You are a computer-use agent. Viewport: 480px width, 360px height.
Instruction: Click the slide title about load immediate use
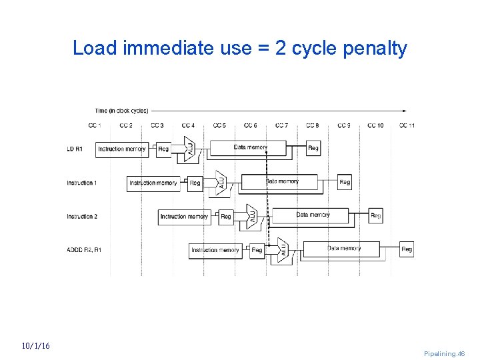tap(239, 48)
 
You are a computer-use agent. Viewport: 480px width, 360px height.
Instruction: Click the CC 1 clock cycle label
tap(95, 125)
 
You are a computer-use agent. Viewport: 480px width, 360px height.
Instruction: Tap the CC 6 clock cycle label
tap(251, 125)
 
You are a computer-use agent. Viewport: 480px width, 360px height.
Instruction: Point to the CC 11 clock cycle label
tap(407, 125)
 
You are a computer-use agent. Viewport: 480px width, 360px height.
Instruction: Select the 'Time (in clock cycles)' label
tap(121, 111)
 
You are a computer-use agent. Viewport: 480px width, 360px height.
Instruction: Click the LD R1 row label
tap(75, 149)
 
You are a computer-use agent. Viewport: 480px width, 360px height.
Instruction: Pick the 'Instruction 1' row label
tap(82, 183)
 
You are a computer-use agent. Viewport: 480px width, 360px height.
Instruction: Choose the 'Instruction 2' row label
tap(82, 217)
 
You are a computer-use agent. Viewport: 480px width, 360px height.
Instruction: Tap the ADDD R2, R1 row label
tap(84, 250)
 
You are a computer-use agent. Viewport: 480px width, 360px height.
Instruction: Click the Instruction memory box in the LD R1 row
tap(122, 149)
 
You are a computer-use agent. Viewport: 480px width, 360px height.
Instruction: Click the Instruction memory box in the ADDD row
tap(215, 250)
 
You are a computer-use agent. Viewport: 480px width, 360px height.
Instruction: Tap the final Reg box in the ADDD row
tap(407, 249)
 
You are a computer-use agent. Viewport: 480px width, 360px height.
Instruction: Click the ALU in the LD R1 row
tap(189, 149)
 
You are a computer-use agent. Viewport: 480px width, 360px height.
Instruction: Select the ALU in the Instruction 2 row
tap(252, 216)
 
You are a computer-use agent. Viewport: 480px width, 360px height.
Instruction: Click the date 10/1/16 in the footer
tap(35, 346)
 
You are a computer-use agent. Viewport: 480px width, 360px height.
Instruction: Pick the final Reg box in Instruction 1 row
tap(345, 182)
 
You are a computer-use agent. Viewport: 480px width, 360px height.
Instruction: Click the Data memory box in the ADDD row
tap(343, 249)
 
